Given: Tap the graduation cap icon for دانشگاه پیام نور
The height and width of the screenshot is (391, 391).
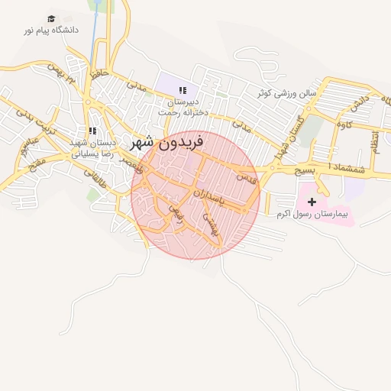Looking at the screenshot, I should (x=51, y=19).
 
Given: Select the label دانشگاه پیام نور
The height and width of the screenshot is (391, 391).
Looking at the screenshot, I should (x=50, y=31).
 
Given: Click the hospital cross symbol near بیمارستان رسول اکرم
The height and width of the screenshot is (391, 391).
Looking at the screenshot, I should (x=312, y=201).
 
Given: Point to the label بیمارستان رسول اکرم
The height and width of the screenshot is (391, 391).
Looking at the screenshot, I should (x=313, y=215).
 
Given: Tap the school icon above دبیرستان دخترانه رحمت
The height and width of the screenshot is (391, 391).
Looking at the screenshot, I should (x=181, y=91).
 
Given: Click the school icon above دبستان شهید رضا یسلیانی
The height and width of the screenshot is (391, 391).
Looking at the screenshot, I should (x=92, y=131).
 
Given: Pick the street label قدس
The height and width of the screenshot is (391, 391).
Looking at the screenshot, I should (x=247, y=177).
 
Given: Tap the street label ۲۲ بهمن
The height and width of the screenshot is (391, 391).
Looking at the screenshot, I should (x=63, y=74).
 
